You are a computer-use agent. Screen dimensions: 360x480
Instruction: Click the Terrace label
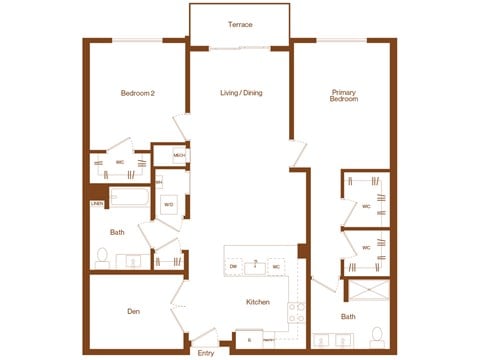(240, 23)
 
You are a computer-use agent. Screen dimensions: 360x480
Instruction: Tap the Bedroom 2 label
(138, 94)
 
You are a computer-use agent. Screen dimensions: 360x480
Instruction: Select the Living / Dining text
(240, 94)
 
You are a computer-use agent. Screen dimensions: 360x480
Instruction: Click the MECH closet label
(179, 155)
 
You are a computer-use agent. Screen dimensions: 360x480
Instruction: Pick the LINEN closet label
(96, 203)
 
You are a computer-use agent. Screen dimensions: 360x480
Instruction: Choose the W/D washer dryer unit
(170, 205)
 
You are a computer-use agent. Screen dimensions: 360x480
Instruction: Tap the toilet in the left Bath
(101, 258)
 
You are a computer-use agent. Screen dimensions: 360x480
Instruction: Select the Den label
(133, 312)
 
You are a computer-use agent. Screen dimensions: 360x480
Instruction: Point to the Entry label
(206, 352)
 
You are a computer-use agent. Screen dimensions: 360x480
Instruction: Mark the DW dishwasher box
(233, 267)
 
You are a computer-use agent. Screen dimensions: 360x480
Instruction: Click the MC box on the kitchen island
(275, 267)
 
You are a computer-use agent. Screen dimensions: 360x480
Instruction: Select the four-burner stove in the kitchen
(295, 314)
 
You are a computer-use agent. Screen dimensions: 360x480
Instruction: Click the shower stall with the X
(364, 293)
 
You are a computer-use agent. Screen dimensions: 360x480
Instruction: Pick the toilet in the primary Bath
(376, 333)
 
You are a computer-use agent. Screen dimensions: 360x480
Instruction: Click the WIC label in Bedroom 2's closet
(119, 161)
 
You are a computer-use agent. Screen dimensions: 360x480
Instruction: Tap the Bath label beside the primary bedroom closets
(347, 317)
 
